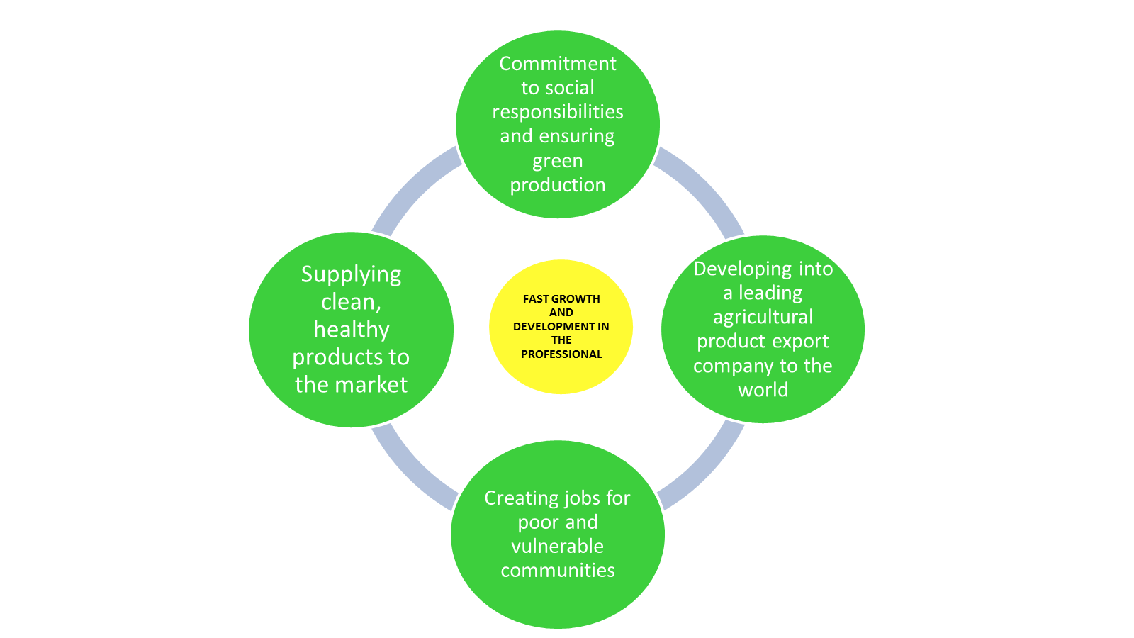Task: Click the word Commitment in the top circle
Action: (558, 64)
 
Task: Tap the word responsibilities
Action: (558, 112)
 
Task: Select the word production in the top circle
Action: (558, 185)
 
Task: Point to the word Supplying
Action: (351, 274)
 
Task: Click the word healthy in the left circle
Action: (351, 330)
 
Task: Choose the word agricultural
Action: (763, 317)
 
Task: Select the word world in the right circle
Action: (763, 390)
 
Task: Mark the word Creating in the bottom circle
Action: (517, 498)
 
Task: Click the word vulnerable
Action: (558, 547)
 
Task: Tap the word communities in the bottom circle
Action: (558, 571)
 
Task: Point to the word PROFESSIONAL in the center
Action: (561, 354)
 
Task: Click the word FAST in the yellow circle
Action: (535, 299)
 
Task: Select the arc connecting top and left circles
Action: (411, 186)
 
